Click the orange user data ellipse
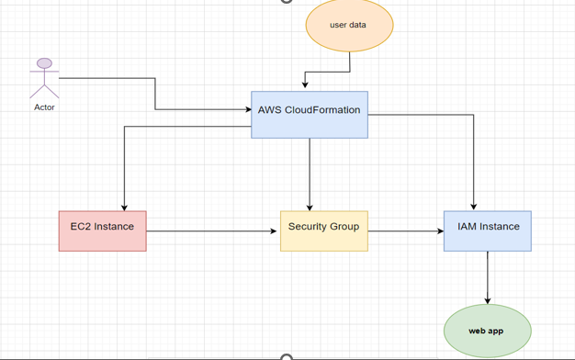tap(349, 25)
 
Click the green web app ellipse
tap(487, 331)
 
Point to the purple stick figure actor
tap(44, 81)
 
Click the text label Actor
tap(44, 107)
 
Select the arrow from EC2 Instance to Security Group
tap(211, 231)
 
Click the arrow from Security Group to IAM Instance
tap(405, 231)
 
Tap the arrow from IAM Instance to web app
tap(488, 276)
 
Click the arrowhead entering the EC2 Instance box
tap(124, 207)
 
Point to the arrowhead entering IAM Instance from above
tap(474, 207)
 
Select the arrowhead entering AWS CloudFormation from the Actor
tap(247, 110)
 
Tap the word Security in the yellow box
tap(306, 226)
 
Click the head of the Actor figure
tap(44, 64)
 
